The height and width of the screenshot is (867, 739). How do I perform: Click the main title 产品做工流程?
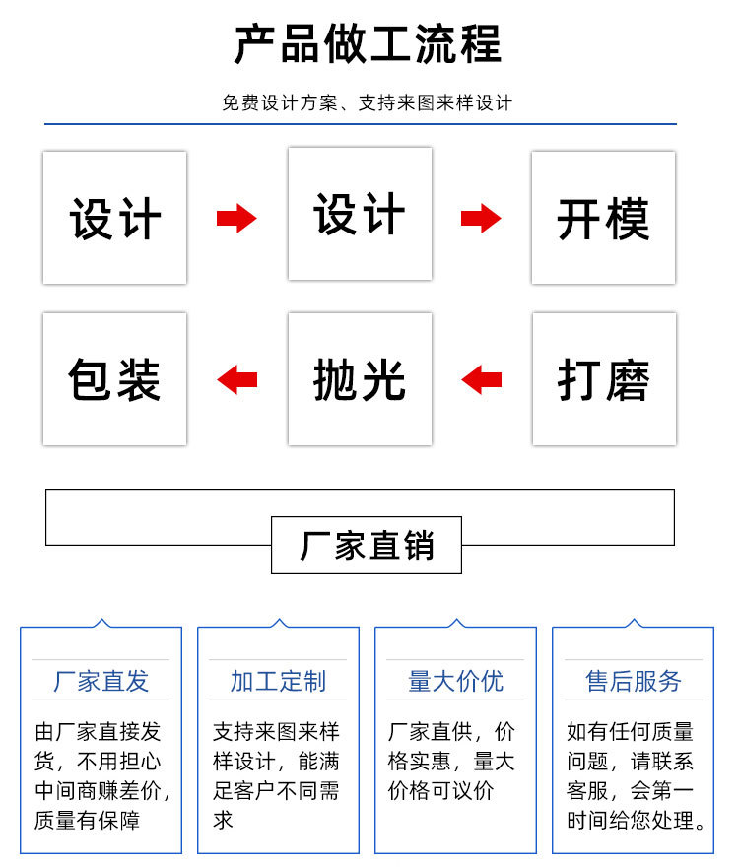(x=368, y=44)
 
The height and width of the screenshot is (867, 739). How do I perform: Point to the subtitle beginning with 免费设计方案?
(x=368, y=103)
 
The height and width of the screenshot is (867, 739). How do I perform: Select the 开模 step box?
(x=603, y=218)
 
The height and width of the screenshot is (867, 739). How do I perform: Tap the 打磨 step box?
(x=604, y=379)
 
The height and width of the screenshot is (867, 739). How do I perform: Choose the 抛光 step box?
(x=360, y=379)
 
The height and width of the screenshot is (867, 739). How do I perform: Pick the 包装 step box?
(x=114, y=379)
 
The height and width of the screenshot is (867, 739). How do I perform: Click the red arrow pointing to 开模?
(x=481, y=218)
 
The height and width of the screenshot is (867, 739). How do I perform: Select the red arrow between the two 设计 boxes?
(x=236, y=218)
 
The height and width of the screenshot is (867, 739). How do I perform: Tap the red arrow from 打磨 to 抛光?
(x=482, y=379)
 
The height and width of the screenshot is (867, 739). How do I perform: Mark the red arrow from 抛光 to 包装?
(x=236, y=379)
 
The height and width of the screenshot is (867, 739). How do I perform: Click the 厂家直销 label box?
(x=367, y=545)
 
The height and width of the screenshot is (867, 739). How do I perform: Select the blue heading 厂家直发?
(x=101, y=681)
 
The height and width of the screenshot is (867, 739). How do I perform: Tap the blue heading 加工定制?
(x=278, y=681)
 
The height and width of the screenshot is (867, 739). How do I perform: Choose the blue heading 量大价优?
(x=455, y=681)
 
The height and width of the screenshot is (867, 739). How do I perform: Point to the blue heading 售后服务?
(x=633, y=681)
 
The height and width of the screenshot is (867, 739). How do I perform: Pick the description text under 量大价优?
(x=452, y=762)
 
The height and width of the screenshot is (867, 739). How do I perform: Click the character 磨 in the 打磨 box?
(x=628, y=380)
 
